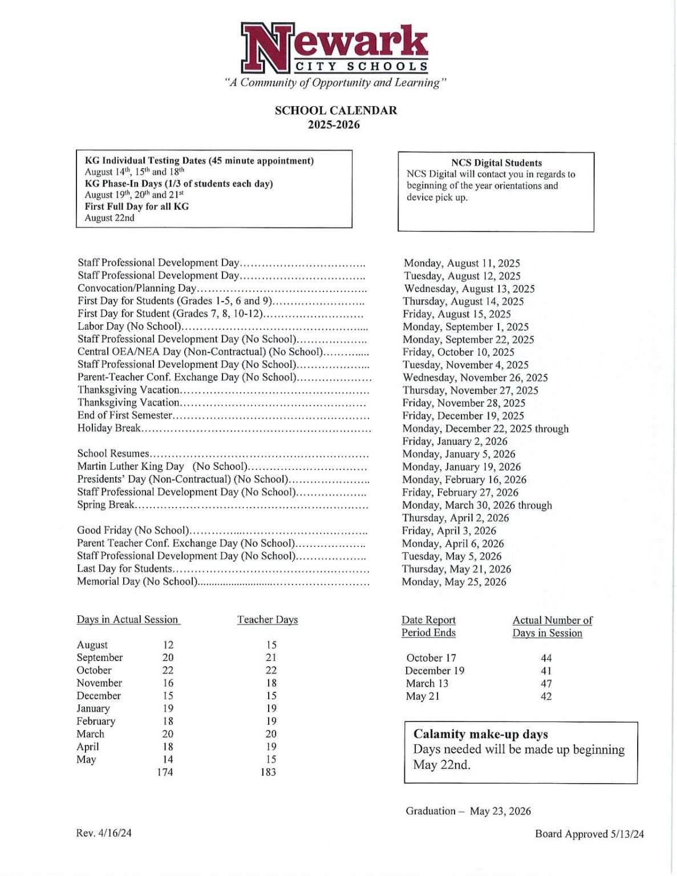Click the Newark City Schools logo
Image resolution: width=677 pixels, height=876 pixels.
tap(334, 49)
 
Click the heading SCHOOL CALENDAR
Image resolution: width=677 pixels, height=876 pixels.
tap(335, 111)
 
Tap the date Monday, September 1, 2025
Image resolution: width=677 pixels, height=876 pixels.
tap(465, 327)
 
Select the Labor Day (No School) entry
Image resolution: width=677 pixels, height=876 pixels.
tap(129, 326)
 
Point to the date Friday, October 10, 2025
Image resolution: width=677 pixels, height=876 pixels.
tap(458, 352)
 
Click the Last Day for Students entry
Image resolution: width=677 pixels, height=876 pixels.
tap(124, 569)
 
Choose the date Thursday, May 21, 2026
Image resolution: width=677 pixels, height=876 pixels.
tap(456, 569)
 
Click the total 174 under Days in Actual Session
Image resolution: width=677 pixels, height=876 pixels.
tap(165, 772)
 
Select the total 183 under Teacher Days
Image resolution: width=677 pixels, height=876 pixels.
tap(268, 772)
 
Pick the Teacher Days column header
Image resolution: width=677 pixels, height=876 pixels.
tap(267, 620)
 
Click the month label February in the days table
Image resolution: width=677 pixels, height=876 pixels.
tap(96, 721)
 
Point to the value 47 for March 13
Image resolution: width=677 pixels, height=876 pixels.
tap(546, 684)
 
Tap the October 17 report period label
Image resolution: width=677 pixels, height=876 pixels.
tap(431, 658)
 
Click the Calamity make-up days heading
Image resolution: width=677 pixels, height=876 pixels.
tap(480, 734)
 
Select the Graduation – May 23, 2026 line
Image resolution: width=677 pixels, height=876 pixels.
tap(468, 811)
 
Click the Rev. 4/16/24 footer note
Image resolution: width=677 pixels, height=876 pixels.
tap(104, 833)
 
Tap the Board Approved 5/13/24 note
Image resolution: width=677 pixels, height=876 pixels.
tap(589, 834)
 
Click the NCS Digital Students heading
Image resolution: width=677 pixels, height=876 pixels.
tap(496, 163)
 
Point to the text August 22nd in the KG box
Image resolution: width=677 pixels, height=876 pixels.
tap(110, 218)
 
